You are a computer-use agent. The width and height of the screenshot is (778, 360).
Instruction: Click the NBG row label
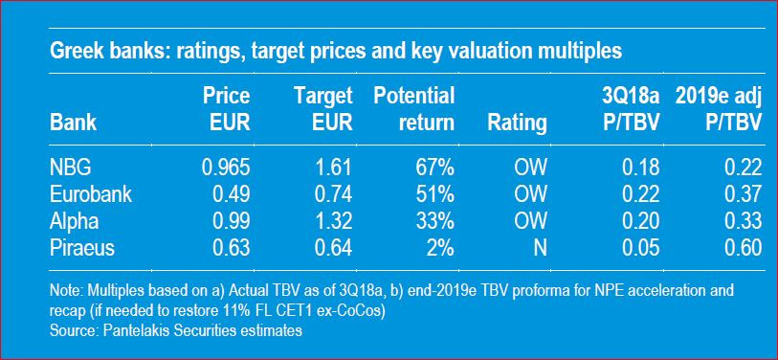pyautogui.click(x=71, y=169)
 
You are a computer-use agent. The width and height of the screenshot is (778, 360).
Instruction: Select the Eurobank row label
pyautogui.click(x=91, y=194)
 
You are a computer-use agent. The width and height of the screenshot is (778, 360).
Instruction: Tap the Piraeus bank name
pyautogui.click(x=82, y=248)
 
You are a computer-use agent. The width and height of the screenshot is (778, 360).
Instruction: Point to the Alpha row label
pyautogui.click(x=74, y=221)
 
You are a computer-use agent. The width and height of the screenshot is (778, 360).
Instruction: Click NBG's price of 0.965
pyautogui.click(x=226, y=169)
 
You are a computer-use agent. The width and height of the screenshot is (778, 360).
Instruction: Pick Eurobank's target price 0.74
pyautogui.click(x=332, y=194)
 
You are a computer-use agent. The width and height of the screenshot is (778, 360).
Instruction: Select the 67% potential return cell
pyautogui.click(x=435, y=169)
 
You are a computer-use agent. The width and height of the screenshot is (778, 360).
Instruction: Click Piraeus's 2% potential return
pyautogui.click(x=440, y=248)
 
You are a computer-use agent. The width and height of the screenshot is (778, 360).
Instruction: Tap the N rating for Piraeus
pyautogui.click(x=541, y=248)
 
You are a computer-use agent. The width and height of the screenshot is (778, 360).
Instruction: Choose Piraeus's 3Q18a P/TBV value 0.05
pyautogui.click(x=641, y=248)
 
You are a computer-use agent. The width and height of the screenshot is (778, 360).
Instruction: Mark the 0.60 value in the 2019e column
pyautogui.click(x=743, y=248)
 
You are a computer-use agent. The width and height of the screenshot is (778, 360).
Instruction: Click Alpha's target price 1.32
pyautogui.click(x=332, y=221)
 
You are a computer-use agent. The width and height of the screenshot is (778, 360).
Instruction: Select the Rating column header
pyautogui.click(x=518, y=123)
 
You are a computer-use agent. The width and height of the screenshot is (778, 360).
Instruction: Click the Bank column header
pyautogui.click(x=73, y=123)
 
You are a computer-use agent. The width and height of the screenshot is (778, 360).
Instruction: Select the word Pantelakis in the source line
pyautogui.click(x=130, y=330)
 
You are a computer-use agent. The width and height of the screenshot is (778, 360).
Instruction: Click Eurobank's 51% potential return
pyautogui.click(x=435, y=194)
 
